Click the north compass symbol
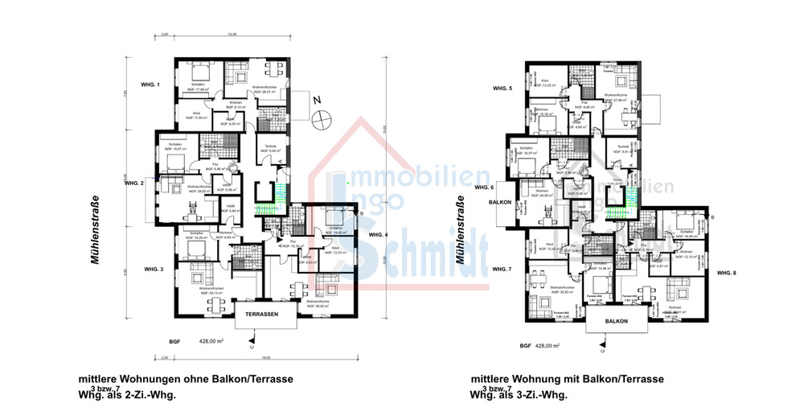(x=322, y=116)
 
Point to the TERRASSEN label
(x=262, y=315)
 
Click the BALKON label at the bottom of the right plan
(x=617, y=321)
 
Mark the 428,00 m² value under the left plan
(x=210, y=341)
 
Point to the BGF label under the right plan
(x=525, y=345)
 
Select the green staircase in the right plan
(x=617, y=211)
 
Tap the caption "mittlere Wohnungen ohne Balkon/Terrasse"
(x=185, y=378)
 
